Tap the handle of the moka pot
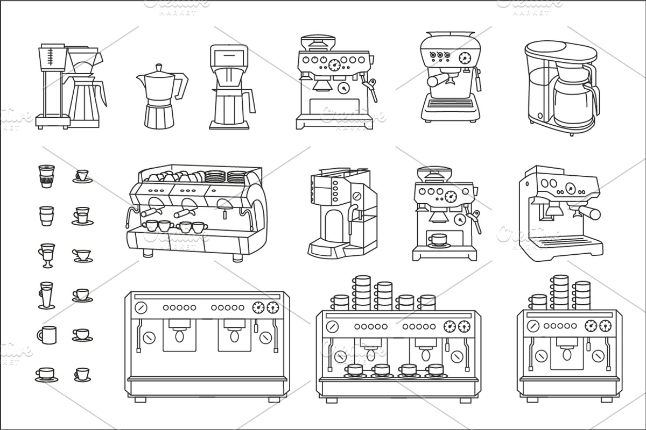[x=182, y=84]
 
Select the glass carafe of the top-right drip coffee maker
[x=573, y=102]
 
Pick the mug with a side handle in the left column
[x=47, y=334]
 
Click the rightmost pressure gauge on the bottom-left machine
[x=273, y=307]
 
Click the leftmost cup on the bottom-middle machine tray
[x=355, y=370]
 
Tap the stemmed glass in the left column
[x=47, y=255]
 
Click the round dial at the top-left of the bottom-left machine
[x=141, y=307]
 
